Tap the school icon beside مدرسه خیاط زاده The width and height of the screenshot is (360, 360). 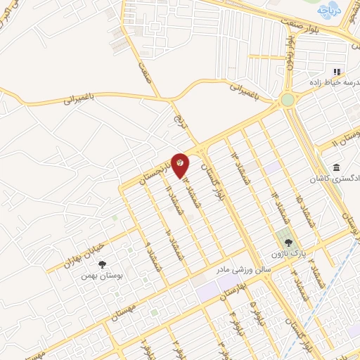click(x=336, y=72)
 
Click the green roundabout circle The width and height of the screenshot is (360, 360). click(x=287, y=100)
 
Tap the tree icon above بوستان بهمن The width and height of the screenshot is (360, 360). click(x=103, y=264)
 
